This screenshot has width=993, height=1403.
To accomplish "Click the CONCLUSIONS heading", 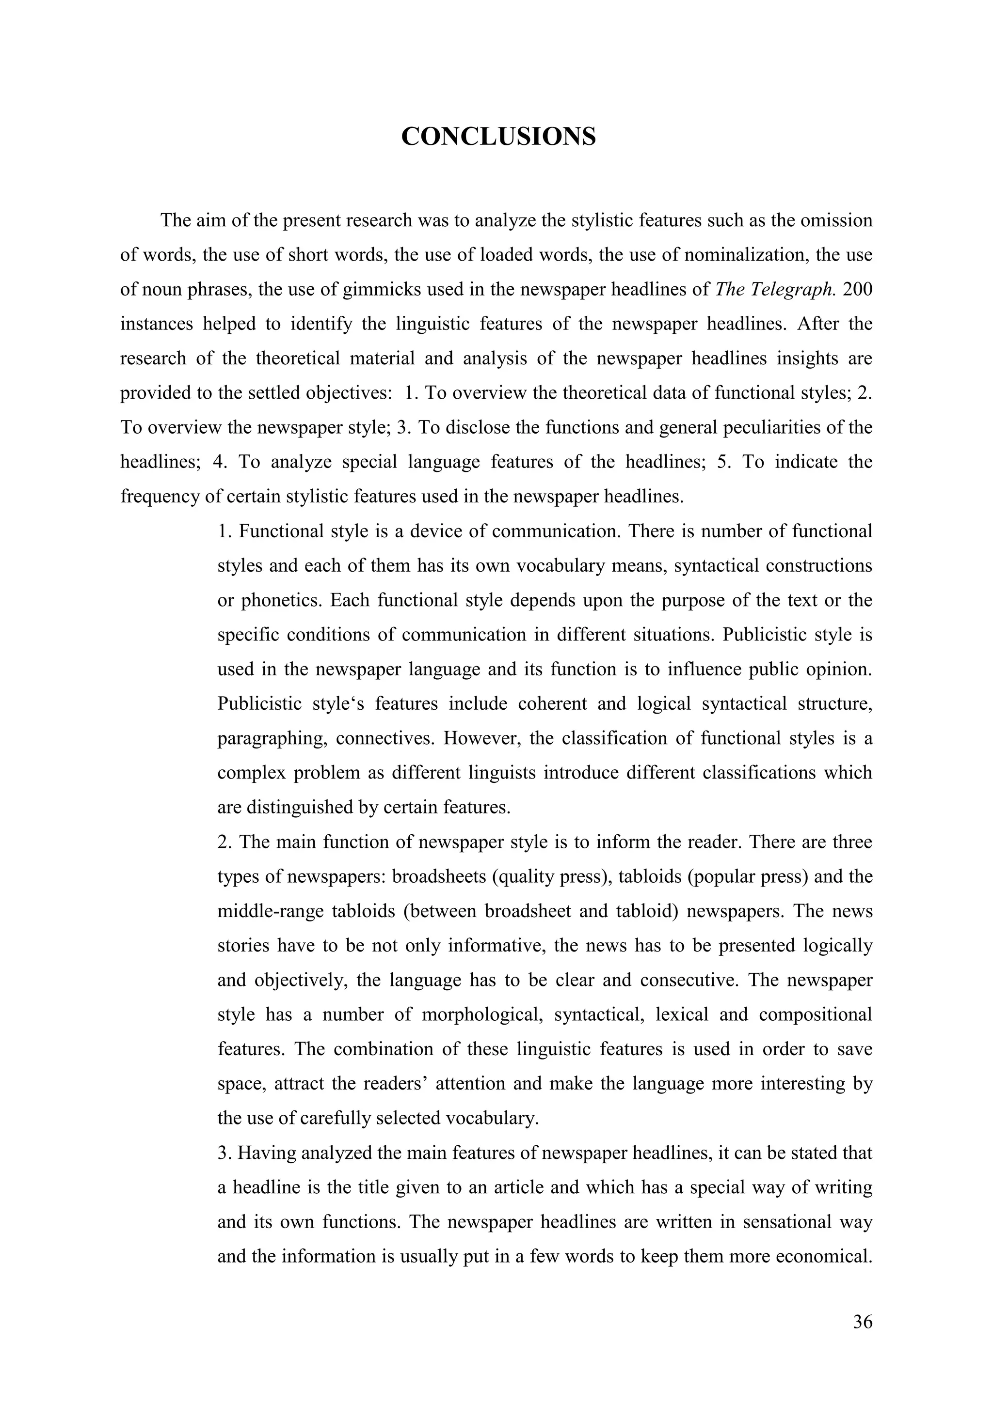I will pos(498,136).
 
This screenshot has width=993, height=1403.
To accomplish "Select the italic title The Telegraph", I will pos(774,289).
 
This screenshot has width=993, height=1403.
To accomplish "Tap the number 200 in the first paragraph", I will pos(857,289).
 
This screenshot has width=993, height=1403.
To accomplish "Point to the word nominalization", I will pos(739,254).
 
